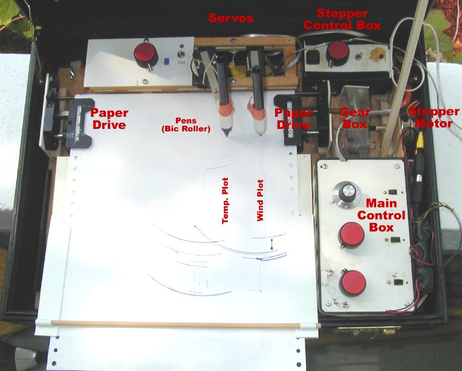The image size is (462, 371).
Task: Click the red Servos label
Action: click(231, 18)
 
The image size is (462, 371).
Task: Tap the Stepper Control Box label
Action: click(342, 19)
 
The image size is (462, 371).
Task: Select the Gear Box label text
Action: click(354, 118)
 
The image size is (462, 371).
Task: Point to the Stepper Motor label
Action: click(434, 117)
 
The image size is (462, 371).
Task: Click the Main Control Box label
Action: click(381, 215)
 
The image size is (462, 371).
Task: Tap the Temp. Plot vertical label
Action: click(225, 200)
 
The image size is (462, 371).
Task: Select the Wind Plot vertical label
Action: click(260, 200)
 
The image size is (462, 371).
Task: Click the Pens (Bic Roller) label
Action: click(186, 125)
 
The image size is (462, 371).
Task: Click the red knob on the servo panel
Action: click(146, 54)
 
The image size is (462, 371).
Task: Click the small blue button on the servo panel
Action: click(166, 61)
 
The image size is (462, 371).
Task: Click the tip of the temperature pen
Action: click(227, 136)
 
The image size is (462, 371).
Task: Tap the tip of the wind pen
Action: click(261, 134)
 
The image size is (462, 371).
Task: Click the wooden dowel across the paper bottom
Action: click(186, 324)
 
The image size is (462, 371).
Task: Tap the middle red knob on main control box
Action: click(352, 235)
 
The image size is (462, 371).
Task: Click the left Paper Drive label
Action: click(109, 119)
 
